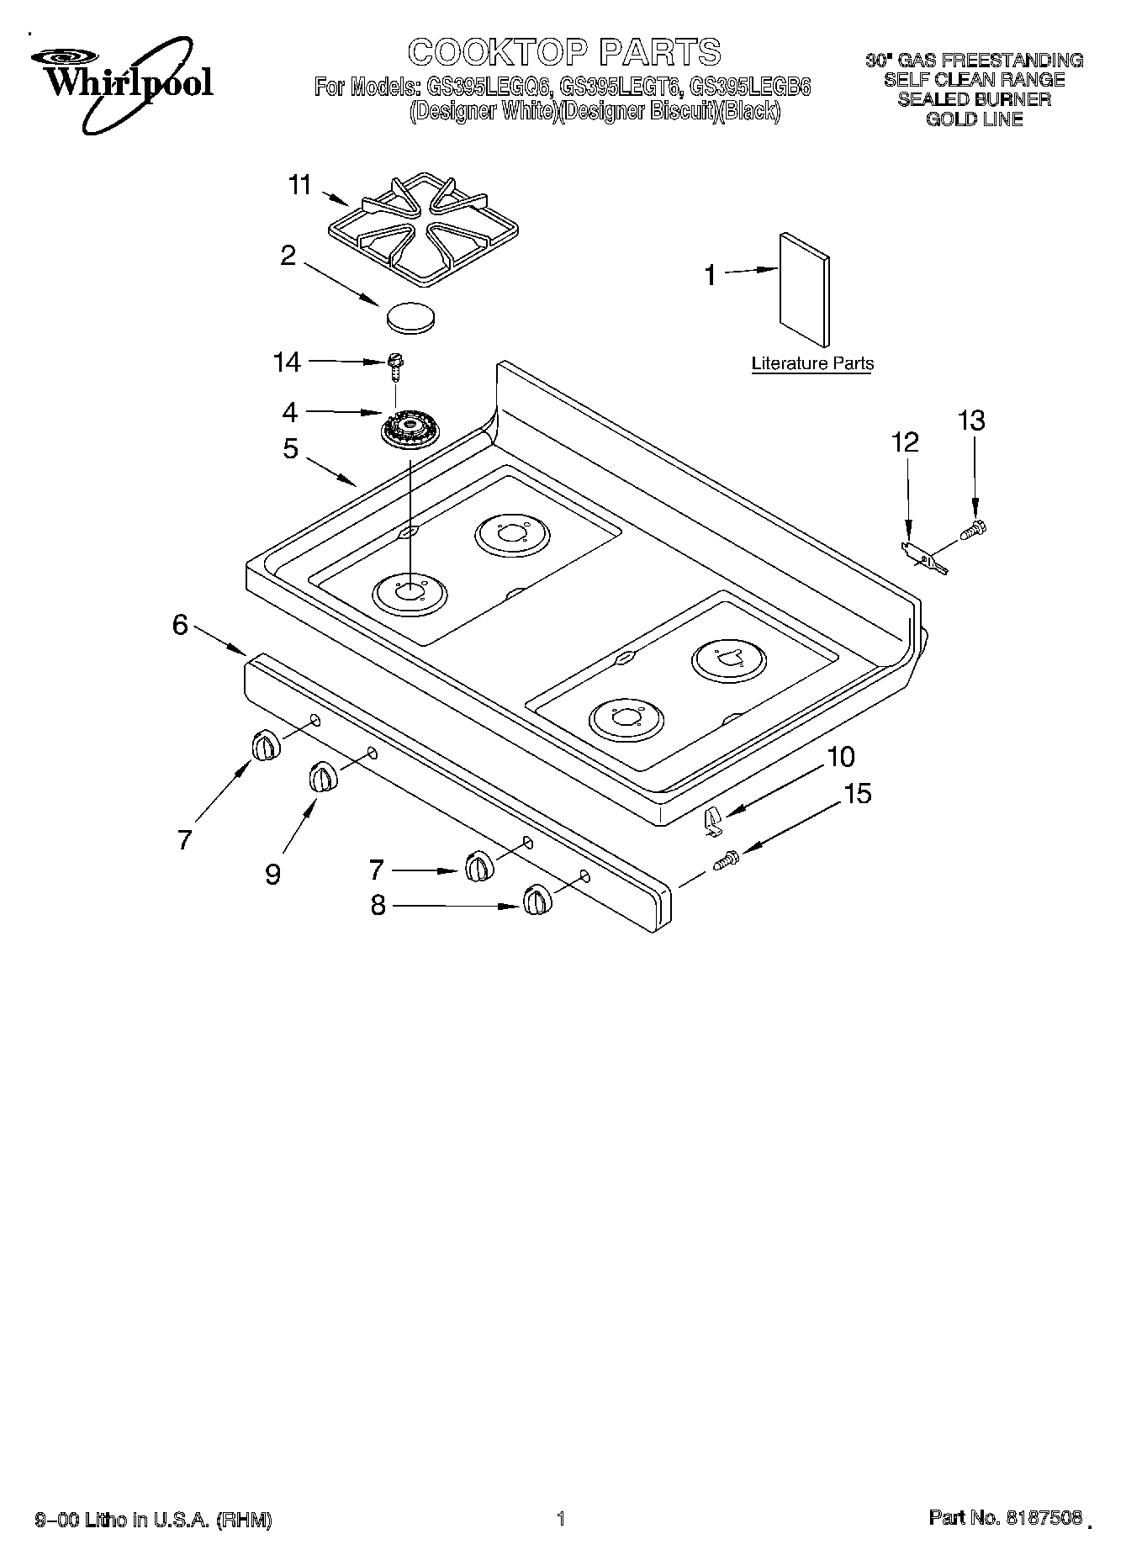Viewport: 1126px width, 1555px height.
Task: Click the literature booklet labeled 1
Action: pos(805,288)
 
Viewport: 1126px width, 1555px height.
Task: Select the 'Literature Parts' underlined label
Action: pos(811,364)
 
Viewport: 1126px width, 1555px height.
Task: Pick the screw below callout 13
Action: pos(973,531)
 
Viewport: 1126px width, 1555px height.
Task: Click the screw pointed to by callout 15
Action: pos(725,860)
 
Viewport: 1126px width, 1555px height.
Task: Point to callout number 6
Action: pos(180,625)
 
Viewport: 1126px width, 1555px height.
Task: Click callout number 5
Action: pos(290,449)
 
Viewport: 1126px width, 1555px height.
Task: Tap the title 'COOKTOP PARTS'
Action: pos(564,52)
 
